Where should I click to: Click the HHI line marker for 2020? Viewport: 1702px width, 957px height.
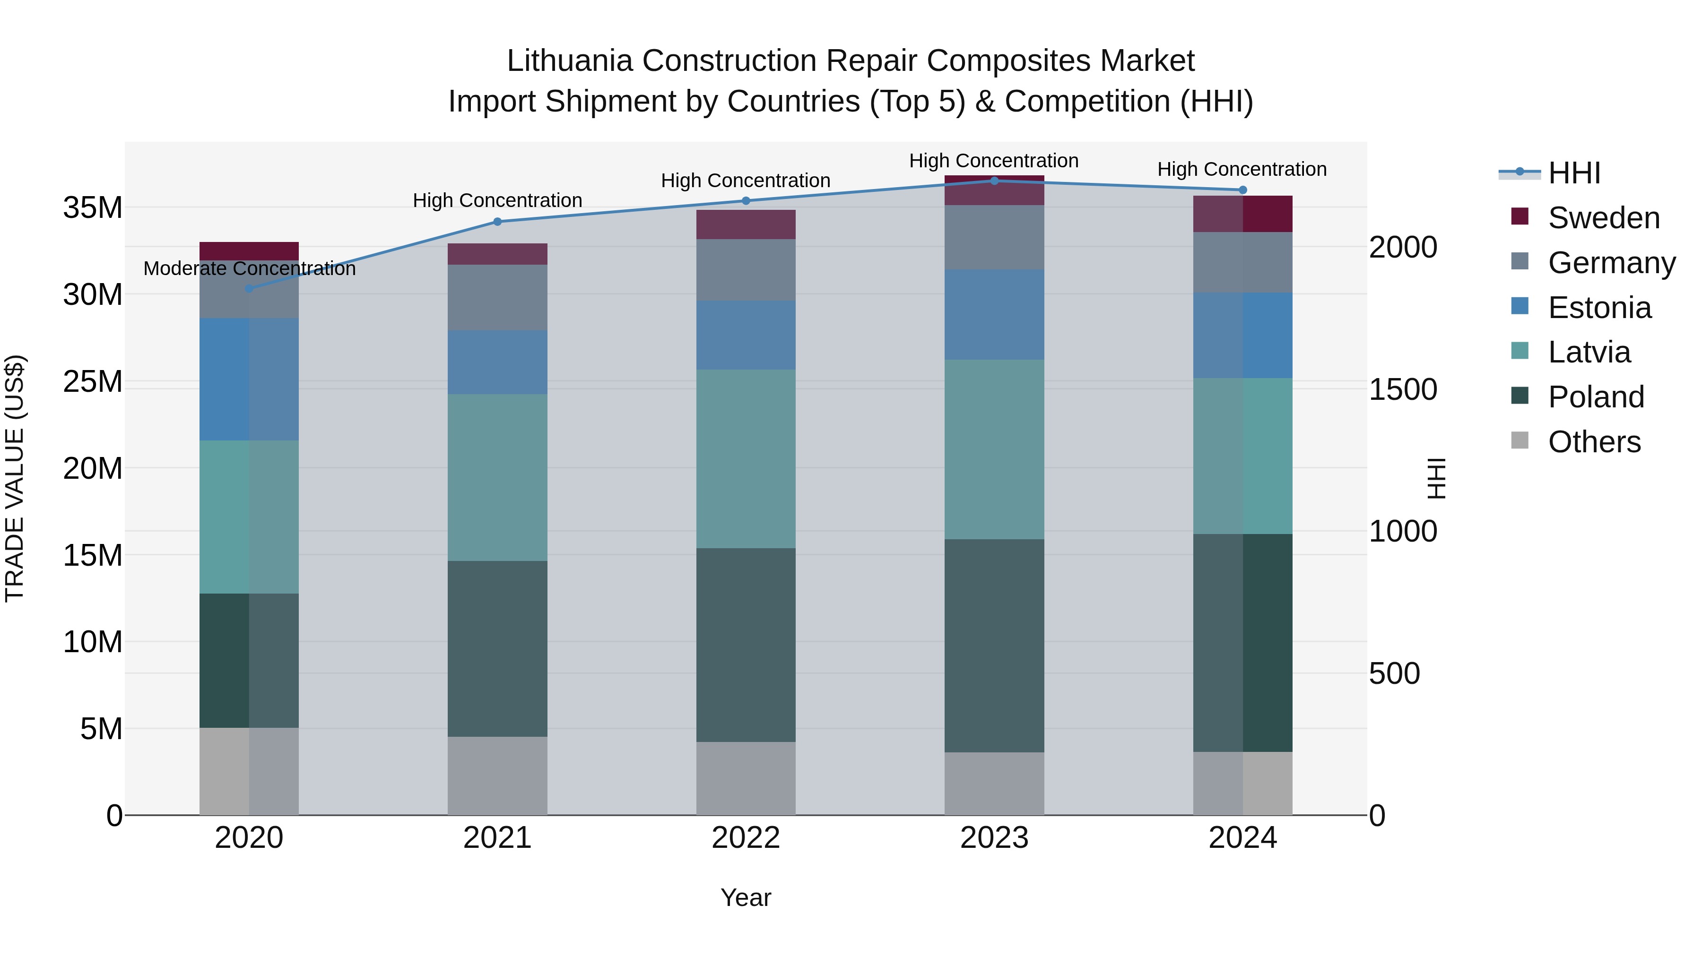pos(249,289)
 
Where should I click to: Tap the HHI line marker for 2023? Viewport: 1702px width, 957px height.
pos(994,181)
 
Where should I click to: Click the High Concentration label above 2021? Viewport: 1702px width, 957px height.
pos(497,200)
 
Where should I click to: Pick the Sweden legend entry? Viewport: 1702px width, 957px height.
pos(1603,218)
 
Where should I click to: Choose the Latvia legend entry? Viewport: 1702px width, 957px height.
pos(1589,352)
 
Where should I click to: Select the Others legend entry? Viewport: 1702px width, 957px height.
pos(1594,442)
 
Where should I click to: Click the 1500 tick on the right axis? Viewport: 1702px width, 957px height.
pos(1402,389)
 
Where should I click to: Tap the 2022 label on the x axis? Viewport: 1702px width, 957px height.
pos(745,838)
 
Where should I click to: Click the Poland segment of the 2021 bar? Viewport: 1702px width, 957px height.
pos(497,648)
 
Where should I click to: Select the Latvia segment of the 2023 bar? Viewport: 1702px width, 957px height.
pos(994,449)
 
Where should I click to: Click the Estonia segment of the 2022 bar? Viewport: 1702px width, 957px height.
pos(745,335)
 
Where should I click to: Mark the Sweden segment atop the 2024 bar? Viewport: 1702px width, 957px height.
pos(1242,213)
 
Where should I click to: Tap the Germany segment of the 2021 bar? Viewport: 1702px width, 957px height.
pos(497,297)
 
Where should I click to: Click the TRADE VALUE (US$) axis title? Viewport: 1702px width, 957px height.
pos(15,478)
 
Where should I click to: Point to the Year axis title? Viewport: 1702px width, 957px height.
pos(745,897)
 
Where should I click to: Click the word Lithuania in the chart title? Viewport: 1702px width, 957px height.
pos(570,61)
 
